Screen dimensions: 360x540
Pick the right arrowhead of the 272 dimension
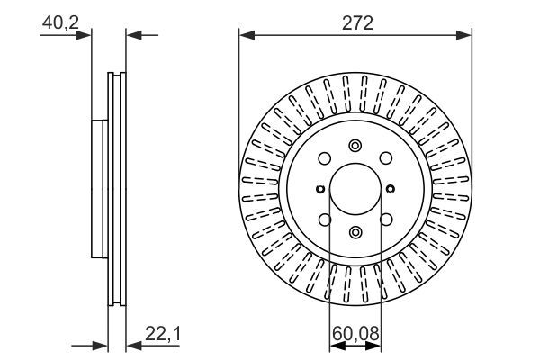tap(466, 35)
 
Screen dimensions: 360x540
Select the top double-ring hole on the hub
tap(355, 146)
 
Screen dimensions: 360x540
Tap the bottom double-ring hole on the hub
tap(355, 233)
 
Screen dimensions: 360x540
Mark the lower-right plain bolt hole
tap(385, 220)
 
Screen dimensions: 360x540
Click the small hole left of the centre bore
tap(320, 189)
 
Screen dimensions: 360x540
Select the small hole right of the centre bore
tap(391, 189)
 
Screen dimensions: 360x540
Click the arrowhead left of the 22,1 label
tap(130, 344)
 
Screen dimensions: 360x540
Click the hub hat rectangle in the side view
tap(98, 189)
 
